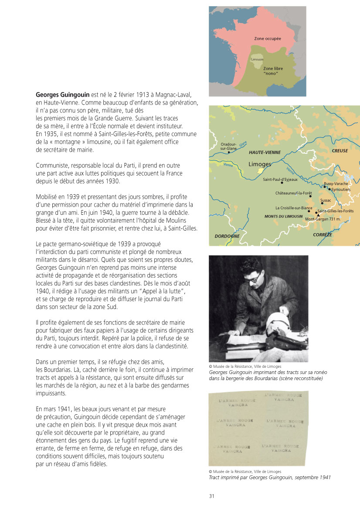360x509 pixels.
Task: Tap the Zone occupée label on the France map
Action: pyautogui.click(x=267, y=39)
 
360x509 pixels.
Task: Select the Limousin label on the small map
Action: pyautogui.click(x=257, y=59)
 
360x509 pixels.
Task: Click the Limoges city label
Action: pyautogui.click(x=259, y=164)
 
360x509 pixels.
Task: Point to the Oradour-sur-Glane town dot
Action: pyautogui.click(x=229, y=153)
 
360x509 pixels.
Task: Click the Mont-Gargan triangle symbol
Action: pyautogui.click(x=318, y=215)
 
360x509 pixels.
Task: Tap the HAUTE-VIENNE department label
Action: pyautogui.click(x=265, y=153)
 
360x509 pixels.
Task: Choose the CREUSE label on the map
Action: pyautogui.click(x=340, y=151)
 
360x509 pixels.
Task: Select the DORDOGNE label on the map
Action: pyautogui.click(x=227, y=236)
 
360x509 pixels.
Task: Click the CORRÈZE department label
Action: pyautogui.click(x=323, y=234)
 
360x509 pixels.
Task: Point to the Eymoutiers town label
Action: pyautogui.click(x=341, y=190)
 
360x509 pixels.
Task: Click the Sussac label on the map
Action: pyautogui.click(x=326, y=200)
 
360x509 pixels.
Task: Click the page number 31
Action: pyautogui.click(x=212, y=496)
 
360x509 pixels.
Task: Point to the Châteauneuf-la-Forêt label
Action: pyautogui.click(x=291, y=193)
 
